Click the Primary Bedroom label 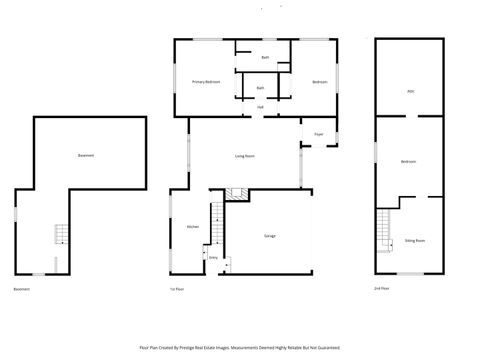(x=206, y=81)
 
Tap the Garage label (x=270, y=236)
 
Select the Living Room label (x=243, y=156)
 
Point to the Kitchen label (x=193, y=227)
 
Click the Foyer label (x=318, y=133)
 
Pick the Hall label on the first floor (x=260, y=107)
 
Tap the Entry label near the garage (x=213, y=257)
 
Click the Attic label (x=410, y=91)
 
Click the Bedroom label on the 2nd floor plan (x=409, y=162)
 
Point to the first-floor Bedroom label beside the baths (x=320, y=81)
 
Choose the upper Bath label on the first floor (x=265, y=58)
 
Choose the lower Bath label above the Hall (x=260, y=88)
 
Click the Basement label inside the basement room (x=87, y=155)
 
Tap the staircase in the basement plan (x=59, y=236)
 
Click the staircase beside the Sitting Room (x=384, y=232)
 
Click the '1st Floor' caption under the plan (x=178, y=289)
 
